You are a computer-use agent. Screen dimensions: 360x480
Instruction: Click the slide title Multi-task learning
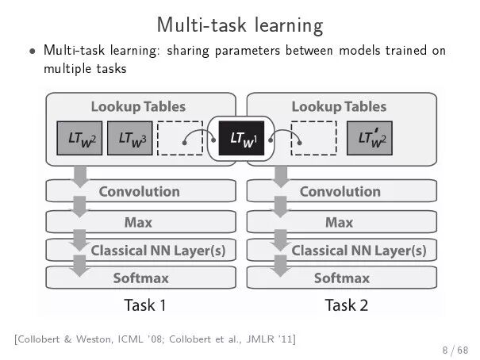(240, 25)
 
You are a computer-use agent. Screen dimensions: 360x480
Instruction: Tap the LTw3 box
(127, 140)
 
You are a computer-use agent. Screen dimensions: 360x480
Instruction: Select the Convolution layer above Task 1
(140, 191)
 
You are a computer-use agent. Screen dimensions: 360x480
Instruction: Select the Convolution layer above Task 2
(341, 191)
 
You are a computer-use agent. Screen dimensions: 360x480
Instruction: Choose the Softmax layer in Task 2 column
(342, 278)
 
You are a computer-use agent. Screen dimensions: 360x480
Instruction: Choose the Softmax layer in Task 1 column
(140, 278)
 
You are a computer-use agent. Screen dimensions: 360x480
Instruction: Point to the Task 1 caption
(145, 304)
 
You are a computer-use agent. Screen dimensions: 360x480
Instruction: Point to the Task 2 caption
(346, 304)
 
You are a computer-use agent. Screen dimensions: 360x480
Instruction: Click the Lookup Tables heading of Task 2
(339, 106)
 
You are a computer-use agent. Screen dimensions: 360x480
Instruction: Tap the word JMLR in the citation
(256, 339)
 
